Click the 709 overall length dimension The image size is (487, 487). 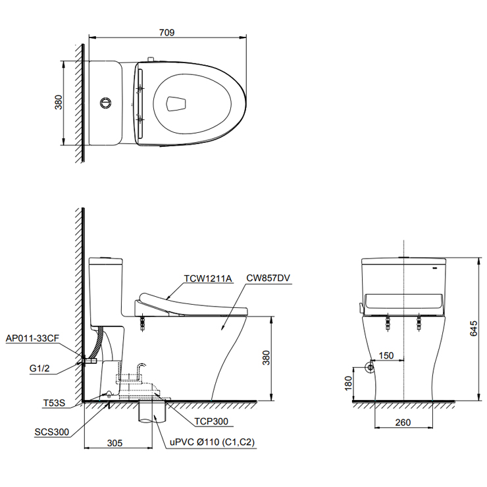(167, 32)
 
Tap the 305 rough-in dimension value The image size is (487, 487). (115, 443)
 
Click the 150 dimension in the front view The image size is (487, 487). (386, 356)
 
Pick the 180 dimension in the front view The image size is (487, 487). (348, 383)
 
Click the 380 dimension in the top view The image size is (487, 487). (58, 103)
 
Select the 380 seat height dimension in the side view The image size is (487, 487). (266, 357)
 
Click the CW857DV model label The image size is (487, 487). (269, 278)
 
